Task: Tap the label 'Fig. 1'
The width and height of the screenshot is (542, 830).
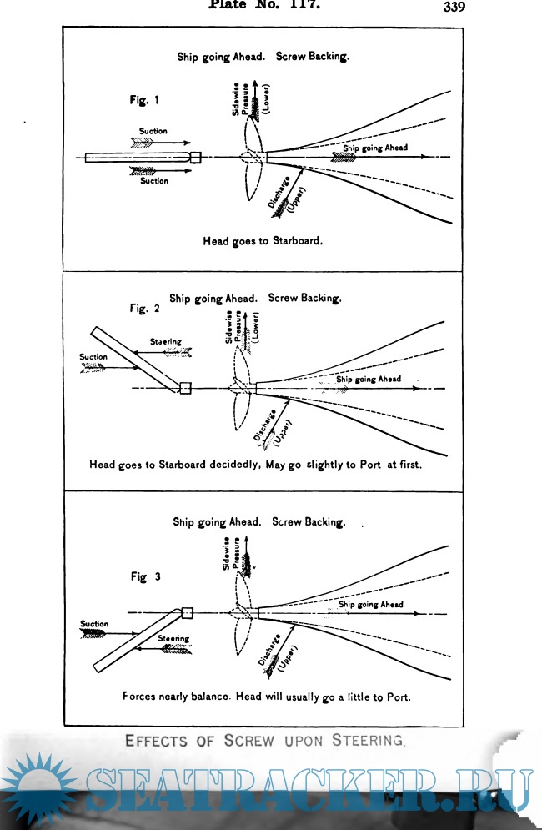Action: pyautogui.click(x=144, y=99)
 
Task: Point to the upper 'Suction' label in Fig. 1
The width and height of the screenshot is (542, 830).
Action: pyautogui.click(x=153, y=131)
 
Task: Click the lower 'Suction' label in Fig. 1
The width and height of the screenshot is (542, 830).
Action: pyautogui.click(x=153, y=180)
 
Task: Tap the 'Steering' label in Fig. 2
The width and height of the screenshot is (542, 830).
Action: pyautogui.click(x=165, y=342)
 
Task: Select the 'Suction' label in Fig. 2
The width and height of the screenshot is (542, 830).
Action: pyautogui.click(x=93, y=357)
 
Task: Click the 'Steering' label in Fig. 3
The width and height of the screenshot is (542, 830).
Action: pyautogui.click(x=173, y=638)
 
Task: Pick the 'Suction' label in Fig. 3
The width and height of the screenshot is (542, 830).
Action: pyautogui.click(x=94, y=624)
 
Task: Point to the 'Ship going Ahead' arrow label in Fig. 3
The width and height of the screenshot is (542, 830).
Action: pyautogui.click(x=370, y=605)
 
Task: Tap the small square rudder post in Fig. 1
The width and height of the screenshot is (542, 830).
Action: pyautogui.click(x=196, y=157)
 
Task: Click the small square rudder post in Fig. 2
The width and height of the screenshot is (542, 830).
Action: pyautogui.click(x=185, y=388)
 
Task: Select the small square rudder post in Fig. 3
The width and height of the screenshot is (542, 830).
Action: pyautogui.click(x=187, y=613)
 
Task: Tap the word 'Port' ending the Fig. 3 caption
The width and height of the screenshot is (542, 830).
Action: pyautogui.click(x=396, y=695)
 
